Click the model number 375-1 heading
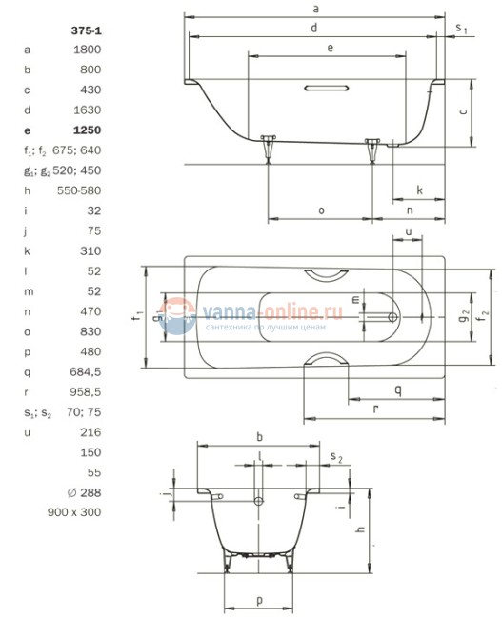click(87, 30)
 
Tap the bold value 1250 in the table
click(87, 129)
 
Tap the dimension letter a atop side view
click(314, 9)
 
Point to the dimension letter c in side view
click(463, 111)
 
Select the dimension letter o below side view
click(321, 210)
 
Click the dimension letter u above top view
click(408, 231)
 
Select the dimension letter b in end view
click(260, 437)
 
